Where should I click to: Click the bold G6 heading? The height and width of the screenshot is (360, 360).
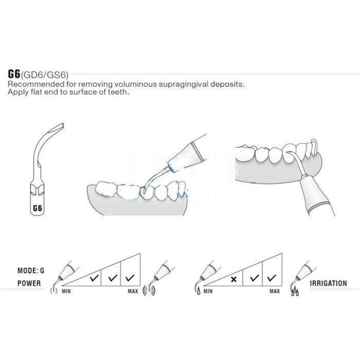point(14,74)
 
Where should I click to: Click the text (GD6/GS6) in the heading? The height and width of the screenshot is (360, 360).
point(44,75)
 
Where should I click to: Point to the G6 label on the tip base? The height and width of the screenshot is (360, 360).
point(38,208)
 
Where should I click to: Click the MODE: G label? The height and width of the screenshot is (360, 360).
point(31,271)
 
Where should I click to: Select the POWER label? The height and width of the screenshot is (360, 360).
point(29,283)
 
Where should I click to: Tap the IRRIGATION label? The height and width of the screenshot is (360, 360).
point(328,283)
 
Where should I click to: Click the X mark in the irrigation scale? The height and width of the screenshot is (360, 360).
point(233,279)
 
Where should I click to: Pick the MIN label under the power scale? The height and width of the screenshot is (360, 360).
point(66,292)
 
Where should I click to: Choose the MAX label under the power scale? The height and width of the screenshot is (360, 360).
point(133,292)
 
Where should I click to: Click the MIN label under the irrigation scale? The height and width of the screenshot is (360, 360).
point(208,292)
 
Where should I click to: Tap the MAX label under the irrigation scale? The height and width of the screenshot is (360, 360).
point(275,292)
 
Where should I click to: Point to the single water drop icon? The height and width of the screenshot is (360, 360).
point(199,292)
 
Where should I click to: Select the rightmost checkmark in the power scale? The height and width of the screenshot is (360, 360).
point(130,278)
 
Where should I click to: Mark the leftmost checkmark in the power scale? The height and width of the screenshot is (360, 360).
point(94,278)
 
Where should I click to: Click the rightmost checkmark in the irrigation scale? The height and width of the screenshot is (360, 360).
point(272,278)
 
